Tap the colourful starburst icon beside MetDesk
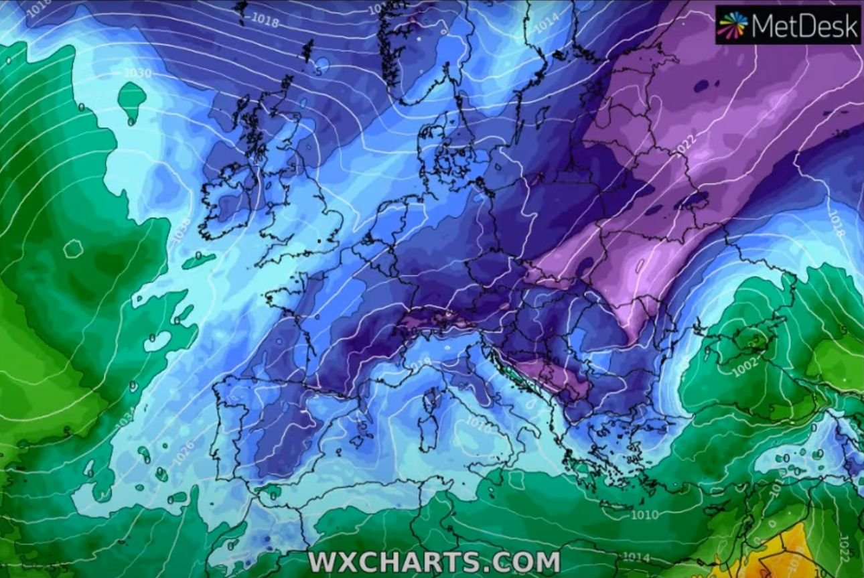pos(732,25)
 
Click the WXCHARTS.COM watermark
pos(434,562)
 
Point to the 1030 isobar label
pos(138,72)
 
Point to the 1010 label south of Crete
pos(644,514)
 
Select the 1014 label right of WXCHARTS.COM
pos(636,557)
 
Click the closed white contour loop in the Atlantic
pos(73,248)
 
